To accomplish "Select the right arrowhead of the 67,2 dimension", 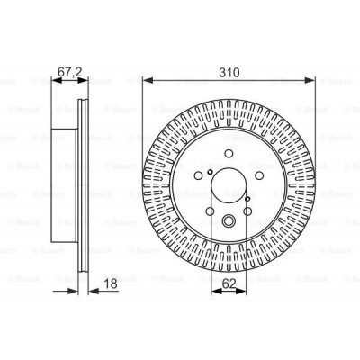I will tap(88, 78).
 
